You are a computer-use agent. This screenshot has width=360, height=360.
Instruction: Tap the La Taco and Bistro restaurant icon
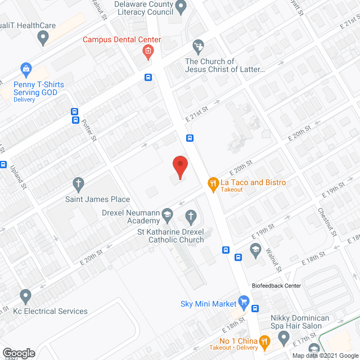(213, 183)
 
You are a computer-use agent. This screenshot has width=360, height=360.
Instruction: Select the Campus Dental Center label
(121, 40)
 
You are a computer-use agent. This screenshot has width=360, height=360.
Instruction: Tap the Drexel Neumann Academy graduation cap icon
(167, 214)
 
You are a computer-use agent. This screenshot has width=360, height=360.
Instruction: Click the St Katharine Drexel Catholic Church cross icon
(191, 216)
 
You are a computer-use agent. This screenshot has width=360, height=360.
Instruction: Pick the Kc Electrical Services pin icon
(25, 296)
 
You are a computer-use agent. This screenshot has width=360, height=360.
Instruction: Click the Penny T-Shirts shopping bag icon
(25, 70)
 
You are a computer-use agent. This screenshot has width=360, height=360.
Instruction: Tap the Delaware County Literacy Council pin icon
(181, 7)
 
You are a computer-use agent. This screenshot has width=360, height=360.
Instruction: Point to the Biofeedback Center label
(276, 286)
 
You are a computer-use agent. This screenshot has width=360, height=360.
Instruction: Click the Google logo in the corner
(18, 353)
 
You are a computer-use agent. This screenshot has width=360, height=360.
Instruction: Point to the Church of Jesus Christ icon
(198, 45)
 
